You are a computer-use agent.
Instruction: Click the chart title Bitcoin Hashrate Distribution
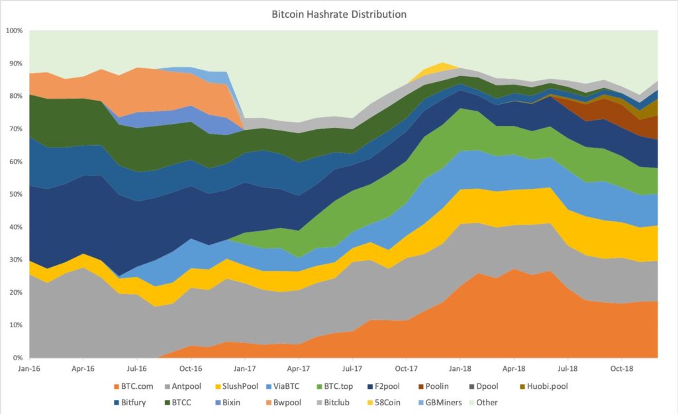pos(339,14)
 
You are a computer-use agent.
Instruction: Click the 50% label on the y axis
pos(15,195)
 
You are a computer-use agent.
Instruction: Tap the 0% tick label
pos(17,358)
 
